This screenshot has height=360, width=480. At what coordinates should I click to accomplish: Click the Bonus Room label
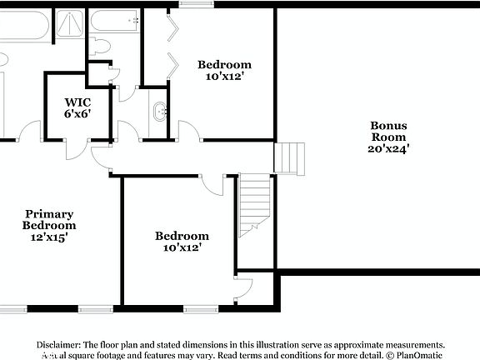point(388,131)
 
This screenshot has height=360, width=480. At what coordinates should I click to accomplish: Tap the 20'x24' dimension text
point(388,149)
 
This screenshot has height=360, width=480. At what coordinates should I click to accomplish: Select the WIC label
point(77,102)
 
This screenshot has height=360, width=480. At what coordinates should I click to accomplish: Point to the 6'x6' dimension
point(77,114)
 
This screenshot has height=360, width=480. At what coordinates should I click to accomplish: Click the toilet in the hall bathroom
point(100,46)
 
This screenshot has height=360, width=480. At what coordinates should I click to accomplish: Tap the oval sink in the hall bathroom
point(159,109)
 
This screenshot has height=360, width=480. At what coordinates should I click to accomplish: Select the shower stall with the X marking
point(70,22)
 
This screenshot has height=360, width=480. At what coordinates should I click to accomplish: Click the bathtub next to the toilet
point(114,20)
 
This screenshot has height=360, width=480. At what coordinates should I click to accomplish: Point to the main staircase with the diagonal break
point(254,204)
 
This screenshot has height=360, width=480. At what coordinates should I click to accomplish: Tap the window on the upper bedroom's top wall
point(193,4)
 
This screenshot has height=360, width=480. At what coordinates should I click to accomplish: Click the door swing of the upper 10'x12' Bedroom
point(188,131)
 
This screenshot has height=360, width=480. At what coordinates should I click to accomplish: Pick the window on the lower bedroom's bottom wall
point(200,309)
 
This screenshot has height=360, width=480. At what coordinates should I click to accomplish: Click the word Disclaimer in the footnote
point(57,344)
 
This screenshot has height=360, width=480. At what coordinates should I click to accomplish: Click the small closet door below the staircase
point(242,289)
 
